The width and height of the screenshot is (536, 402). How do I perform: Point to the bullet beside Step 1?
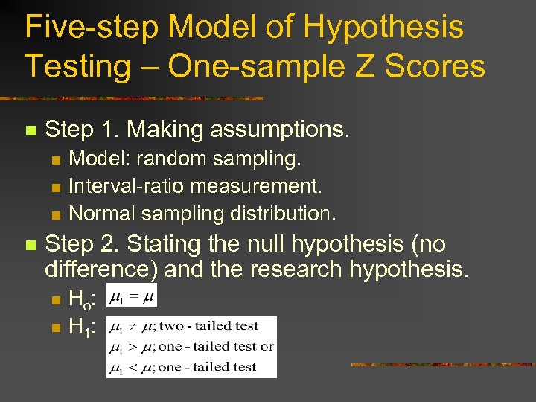[x=30, y=131]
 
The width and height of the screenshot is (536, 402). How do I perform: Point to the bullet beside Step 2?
[x=30, y=243]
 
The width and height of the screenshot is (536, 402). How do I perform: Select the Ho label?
[x=80, y=299]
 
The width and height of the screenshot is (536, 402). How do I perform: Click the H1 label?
[x=80, y=325]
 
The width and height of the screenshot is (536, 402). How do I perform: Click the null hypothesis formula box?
[x=132, y=299]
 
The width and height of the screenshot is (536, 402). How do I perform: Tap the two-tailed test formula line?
[x=191, y=326]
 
